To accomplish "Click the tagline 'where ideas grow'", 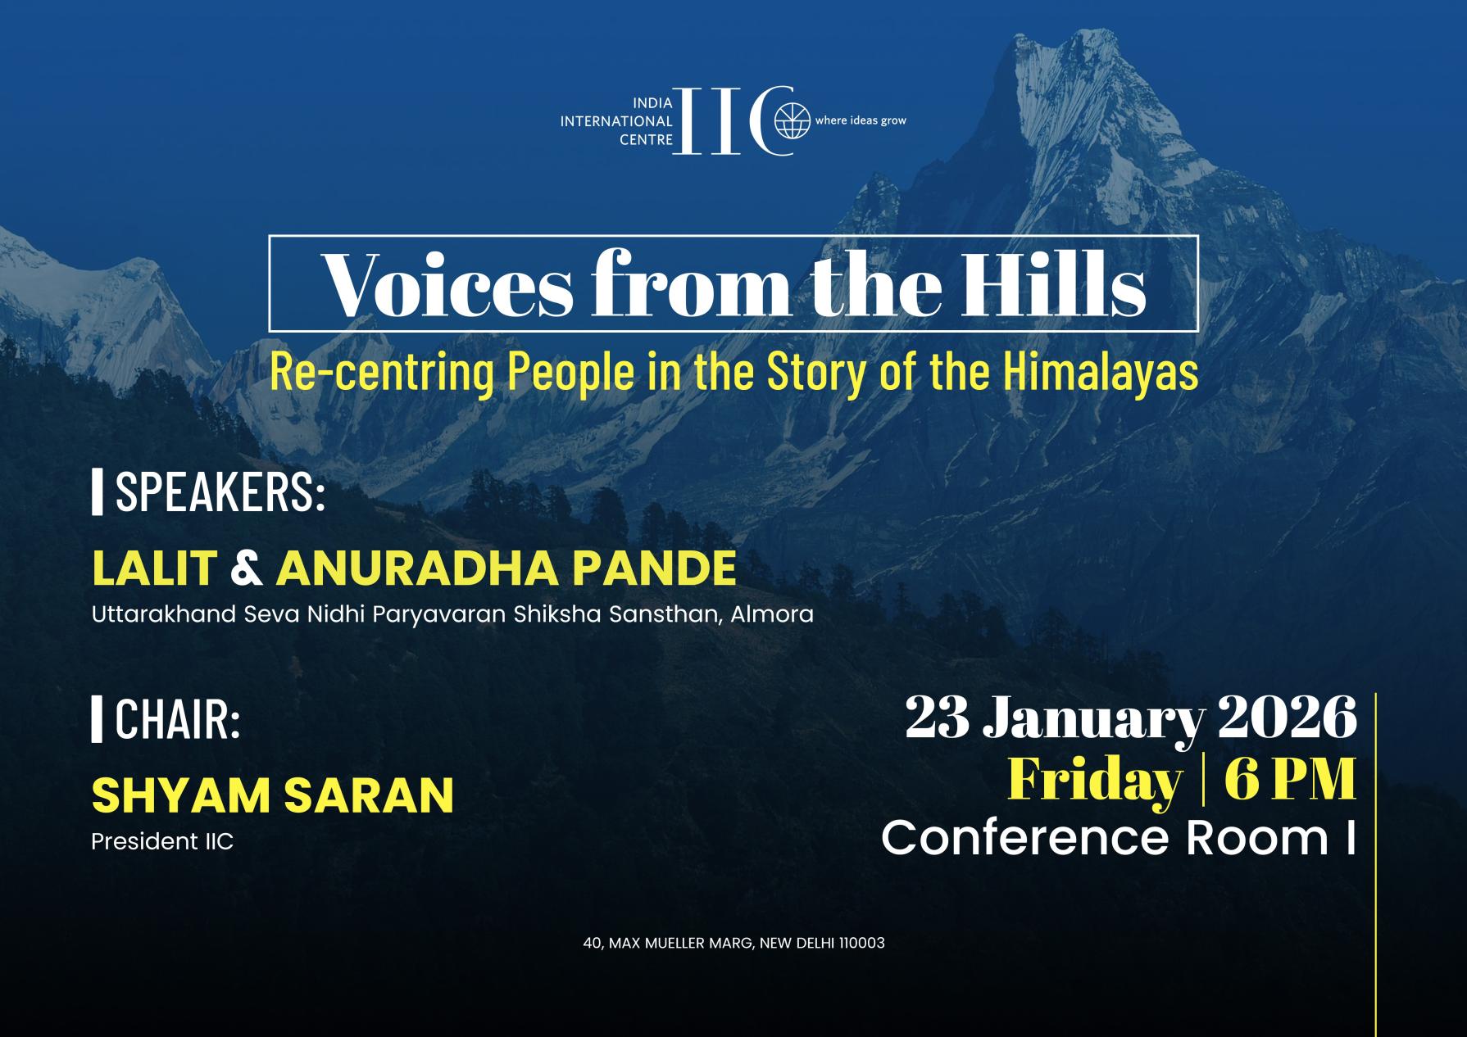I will coord(861,120).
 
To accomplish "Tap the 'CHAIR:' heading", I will coord(177,718).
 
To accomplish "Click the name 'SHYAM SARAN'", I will coord(272,794).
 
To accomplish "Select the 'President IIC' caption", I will coord(162,841).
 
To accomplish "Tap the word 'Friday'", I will coord(1095,779).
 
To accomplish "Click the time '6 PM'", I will coord(1290,779).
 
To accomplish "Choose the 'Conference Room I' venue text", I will coord(1118,838).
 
